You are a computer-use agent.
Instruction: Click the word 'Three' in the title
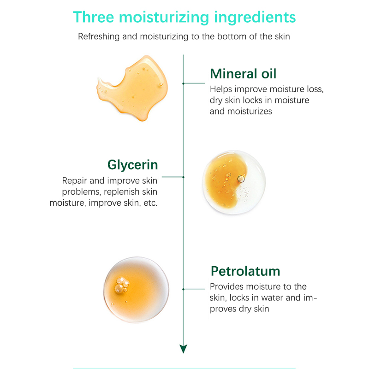click(94, 17)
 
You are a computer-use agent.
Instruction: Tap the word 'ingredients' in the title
click(255, 18)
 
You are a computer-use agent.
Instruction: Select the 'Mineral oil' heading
click(243, 73)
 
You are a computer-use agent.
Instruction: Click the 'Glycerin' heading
click(133, 165)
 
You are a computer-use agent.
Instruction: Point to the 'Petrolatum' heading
click(245, 271)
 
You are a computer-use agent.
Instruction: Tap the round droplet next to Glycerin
click(234, 182)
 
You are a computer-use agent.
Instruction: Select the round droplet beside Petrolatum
click(136, 290)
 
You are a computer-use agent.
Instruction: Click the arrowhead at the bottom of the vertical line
click(183, 349)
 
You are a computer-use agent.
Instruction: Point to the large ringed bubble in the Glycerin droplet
click(241, 179)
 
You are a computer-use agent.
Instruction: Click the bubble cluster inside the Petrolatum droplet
click(122, 286)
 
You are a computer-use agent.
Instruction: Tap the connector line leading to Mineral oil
click(194, 83)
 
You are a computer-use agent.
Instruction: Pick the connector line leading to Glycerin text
click(173, 177)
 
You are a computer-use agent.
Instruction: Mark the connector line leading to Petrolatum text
click(194, 289)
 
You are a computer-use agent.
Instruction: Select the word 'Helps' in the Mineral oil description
click(221, 89)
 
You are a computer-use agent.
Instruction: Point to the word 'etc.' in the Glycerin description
click(150, 203)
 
